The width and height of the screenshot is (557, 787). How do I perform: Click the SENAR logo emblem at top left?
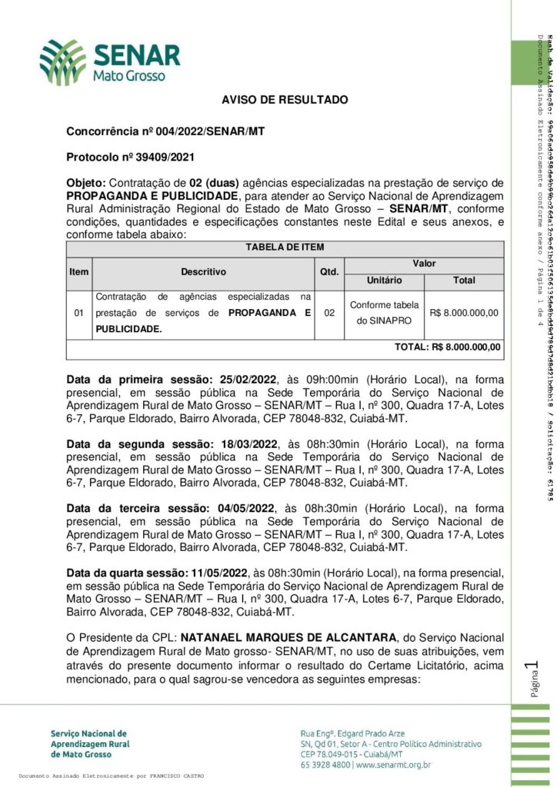63,62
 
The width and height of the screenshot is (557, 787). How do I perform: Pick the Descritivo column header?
203,271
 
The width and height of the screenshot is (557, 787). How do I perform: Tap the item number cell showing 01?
78,313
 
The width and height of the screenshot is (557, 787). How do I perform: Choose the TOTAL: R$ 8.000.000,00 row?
436,347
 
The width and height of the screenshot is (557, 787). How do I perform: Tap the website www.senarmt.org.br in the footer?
392,765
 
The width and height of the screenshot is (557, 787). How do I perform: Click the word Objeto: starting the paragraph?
86,184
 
